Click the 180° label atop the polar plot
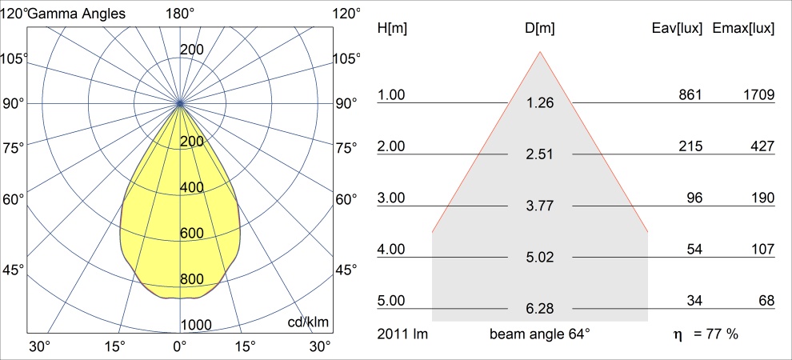click(180, 13)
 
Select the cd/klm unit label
click(309, 322)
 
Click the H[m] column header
click(392, 28)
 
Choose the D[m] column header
click(540, 28)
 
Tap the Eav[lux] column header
click(678, 28)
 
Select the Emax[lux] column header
click(743, 28)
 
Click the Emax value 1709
click(758, 95)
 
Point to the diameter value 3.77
click(540, 206)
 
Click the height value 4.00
click(392, 250)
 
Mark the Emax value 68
click(766, 301)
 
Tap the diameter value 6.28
click(540, 308)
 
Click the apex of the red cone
click(541, 52)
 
